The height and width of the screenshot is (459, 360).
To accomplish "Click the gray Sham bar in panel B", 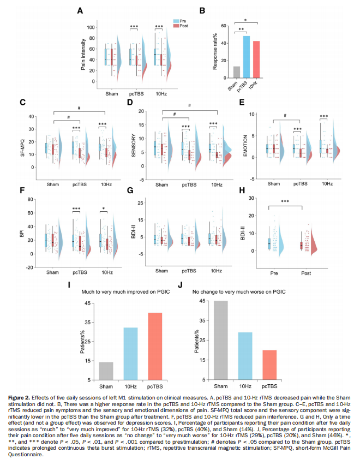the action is click(x=237, y=72).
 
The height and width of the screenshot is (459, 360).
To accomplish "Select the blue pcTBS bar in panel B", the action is click(x=247, y=57).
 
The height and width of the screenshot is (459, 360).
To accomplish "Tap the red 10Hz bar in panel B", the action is click(x=256, y=59).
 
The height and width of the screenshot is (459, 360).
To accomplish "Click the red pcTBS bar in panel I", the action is click(x=155, y=347).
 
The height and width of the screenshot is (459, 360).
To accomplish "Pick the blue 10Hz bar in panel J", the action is click(x=245, y=356).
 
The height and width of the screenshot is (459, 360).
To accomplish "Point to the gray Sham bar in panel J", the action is click(x=221, y=340).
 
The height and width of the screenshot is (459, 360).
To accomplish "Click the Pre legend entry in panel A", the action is click(x=179, y=21).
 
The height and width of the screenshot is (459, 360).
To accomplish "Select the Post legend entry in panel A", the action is click(x=181, y=26).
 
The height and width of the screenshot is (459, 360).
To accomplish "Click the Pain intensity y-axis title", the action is click(x=83, y=55).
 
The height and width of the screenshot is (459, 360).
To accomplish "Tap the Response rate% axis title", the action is click(x=215, y=51).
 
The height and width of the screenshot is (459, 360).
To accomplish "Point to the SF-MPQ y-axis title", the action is click(x=22, y=148).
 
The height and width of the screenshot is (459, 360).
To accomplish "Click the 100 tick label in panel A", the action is click(x=91, y=27).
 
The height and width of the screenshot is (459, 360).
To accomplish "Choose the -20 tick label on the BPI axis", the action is click(x=29, y=267).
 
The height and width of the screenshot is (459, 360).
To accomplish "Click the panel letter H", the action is click(x=242, y=190).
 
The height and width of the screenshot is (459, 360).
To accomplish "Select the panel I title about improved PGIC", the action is click(x=125, y=292).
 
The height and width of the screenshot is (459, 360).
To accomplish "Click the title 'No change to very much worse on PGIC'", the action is click(x=239, y=292).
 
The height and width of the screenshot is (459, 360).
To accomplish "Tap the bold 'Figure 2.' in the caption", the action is click(x=19, y=397).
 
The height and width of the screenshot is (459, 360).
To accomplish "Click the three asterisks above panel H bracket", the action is click(x=285, y=201).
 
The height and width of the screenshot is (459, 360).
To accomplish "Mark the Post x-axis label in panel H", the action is click(x=306, y=273).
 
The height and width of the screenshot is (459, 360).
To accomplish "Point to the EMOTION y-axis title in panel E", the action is click(x=245, y=146).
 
